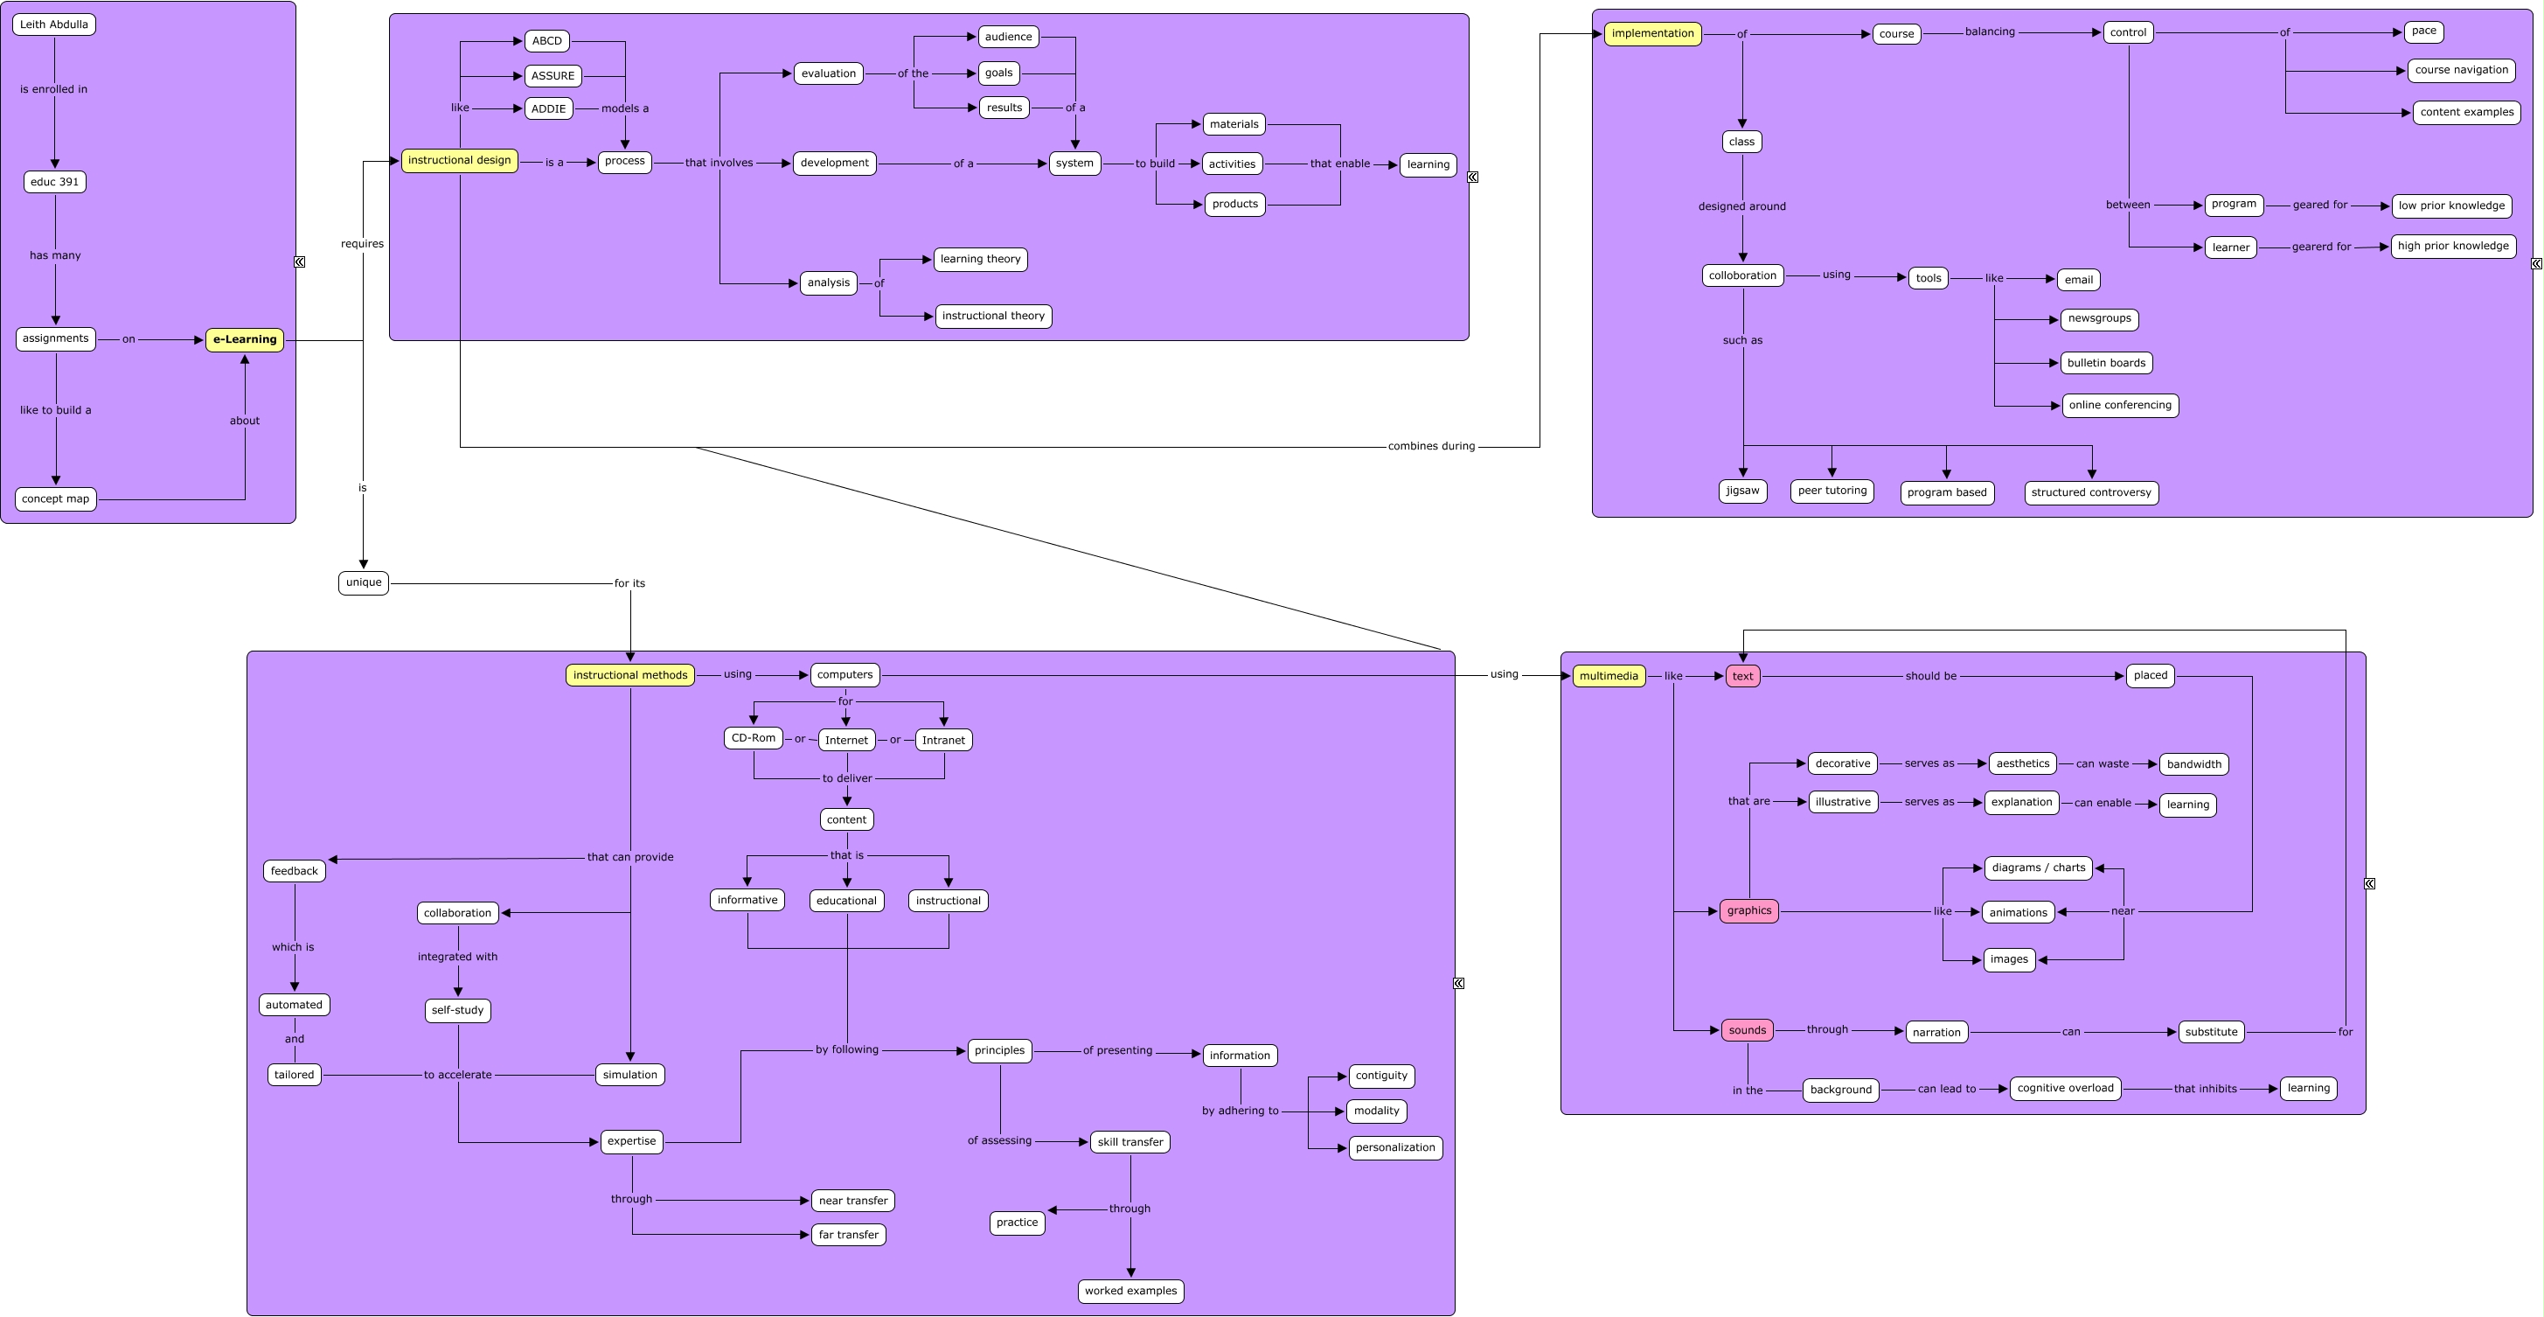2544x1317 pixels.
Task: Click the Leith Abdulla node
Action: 54,24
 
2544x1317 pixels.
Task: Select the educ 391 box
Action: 55,182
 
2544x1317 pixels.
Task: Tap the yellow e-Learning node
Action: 245,340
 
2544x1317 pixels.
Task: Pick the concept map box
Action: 55,499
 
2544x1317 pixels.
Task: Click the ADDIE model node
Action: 549,108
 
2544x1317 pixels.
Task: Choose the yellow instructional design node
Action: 459,160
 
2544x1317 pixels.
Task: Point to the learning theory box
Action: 981,259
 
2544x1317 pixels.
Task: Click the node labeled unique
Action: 364,582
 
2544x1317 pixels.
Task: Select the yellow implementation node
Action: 1652,33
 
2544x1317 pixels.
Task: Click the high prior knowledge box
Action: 2453,246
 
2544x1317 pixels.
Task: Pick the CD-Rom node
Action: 754,738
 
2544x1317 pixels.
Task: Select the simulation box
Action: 630,1075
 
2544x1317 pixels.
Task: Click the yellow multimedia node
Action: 1609,676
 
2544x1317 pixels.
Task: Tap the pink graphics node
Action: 1749,911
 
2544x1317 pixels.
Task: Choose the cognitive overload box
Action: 2065,1088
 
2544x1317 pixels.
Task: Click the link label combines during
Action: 1431,447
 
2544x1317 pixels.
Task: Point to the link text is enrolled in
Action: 54,89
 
